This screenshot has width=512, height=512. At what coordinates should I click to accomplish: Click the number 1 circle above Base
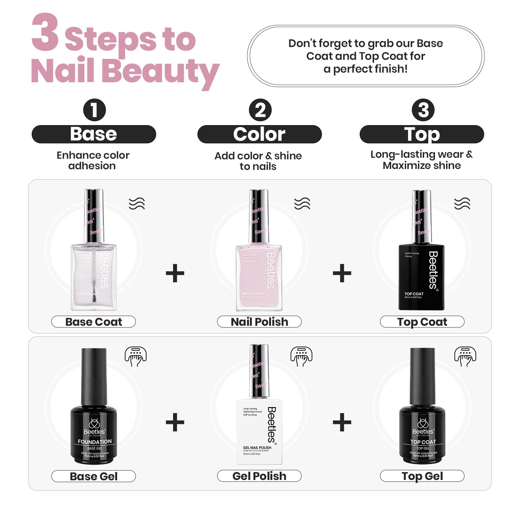click(94, 110)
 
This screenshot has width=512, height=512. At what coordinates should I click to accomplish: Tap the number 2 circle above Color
click(260, 110)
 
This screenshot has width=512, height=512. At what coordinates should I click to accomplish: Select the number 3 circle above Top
click(423, 110)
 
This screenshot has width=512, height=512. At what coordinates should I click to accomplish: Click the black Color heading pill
click(260, 134)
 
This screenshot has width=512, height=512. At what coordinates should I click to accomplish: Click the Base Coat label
click(93, 322)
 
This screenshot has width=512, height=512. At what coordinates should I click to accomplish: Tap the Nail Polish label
click(259, 322)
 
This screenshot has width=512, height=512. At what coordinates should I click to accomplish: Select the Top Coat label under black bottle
click(422, 322)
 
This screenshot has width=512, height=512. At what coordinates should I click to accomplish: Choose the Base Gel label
click(93, 476)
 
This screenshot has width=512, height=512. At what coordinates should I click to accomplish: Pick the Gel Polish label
click(259, 476)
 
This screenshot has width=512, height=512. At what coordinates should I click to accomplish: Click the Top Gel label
click(422, 476)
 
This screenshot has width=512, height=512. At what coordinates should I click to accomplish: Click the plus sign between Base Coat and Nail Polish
click(175, 273)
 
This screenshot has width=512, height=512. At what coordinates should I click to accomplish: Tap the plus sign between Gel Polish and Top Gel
click(342, 422)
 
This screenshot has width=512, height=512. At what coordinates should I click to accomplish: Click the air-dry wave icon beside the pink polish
click(302, 204)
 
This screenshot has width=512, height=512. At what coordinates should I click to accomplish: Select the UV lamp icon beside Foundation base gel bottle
click(136, 356)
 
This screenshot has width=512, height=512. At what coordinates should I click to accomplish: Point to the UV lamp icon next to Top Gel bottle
click(465, 356)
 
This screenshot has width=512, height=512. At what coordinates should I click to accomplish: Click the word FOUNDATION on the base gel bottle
click(95, 442)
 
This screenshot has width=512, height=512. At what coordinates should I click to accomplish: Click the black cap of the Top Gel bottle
click(423, 376)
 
